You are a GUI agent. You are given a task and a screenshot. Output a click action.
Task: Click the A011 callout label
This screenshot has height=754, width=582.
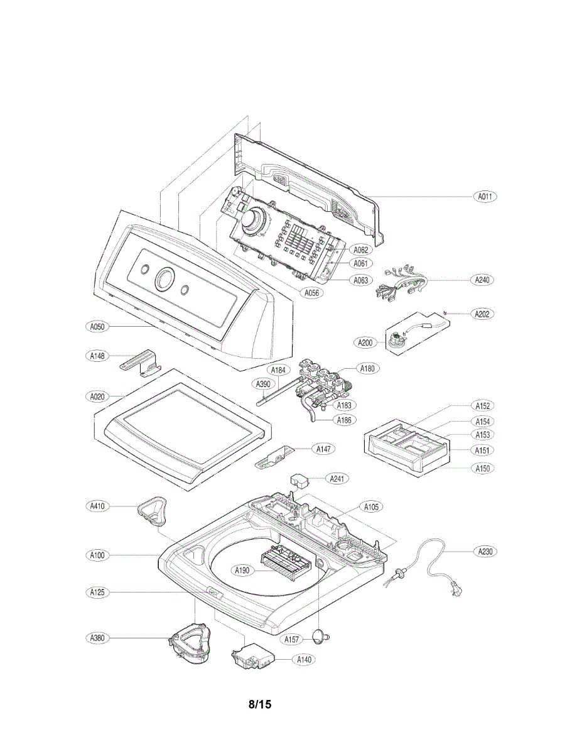point(484,196)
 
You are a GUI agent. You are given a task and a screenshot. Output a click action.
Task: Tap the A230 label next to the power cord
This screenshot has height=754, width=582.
point(484,552)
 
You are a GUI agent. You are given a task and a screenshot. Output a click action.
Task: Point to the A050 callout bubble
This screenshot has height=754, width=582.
point(97,327)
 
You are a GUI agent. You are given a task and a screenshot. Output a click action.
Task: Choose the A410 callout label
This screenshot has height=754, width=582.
point(97,505)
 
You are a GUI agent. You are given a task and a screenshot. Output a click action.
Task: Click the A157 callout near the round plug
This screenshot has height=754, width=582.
point(291,639)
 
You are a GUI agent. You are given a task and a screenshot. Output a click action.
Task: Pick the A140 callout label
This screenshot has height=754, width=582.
point(304,659)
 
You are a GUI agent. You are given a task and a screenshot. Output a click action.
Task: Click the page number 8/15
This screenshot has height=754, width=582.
point(259,704)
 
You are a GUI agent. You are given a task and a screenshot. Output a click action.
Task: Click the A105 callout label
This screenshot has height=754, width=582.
point(370,506)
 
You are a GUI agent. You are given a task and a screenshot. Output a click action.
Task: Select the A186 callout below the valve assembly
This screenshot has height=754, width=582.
point(344,420)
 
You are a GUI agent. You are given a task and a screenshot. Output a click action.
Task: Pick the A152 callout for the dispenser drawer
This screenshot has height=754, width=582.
point(482,406)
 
